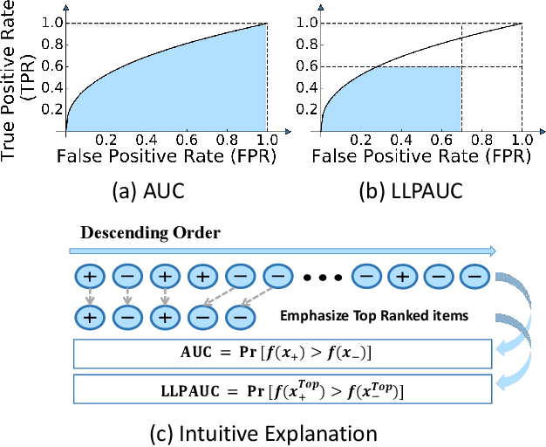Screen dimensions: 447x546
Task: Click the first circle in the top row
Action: click(x=89, y=279)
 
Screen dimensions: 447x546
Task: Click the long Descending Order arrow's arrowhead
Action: click(x=494, y=251)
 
